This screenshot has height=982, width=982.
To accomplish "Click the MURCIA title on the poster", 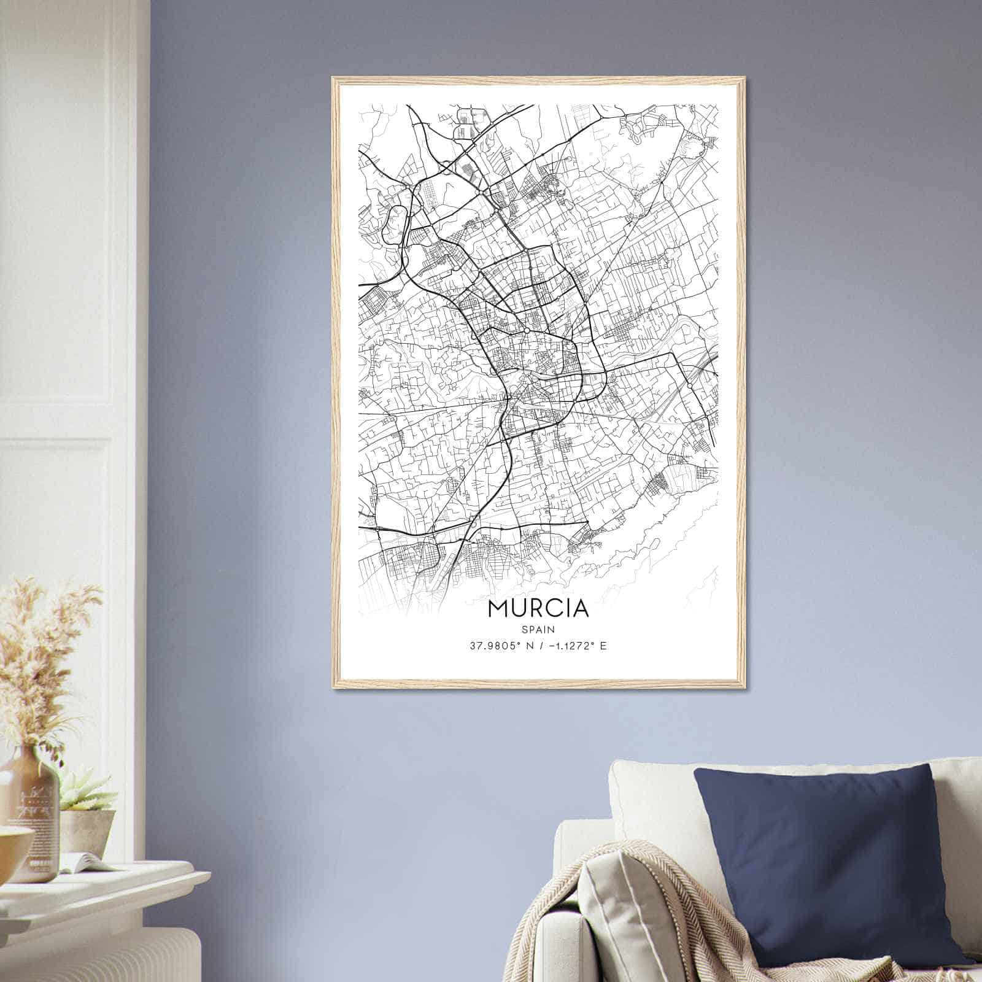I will pyautogui.click(x=538, y=608).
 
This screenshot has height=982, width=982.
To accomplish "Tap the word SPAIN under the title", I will pyautogui.click(x=539, y=629).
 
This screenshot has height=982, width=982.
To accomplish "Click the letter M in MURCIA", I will pyautogui.click(x=498, y=608).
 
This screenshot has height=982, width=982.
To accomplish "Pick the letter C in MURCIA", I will pyautogui.click(x=551, y=608).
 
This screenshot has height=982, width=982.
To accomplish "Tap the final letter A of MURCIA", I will pyautogui.click(x=580, y=608).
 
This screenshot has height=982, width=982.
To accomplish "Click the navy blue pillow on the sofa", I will pyautogui.click(x=822, y=853).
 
